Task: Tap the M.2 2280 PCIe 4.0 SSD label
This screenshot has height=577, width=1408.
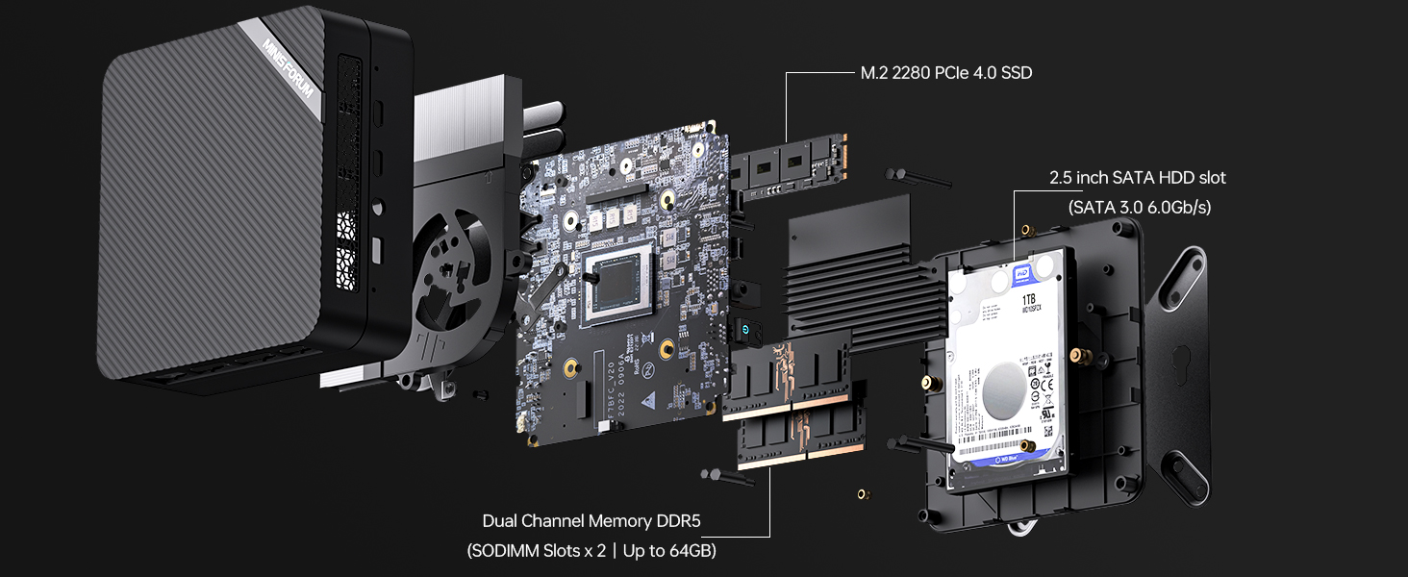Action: click(945, 73)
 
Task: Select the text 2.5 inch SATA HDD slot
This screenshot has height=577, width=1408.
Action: click(1138, 178)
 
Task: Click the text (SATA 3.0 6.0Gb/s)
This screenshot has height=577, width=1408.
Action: click(1139, 207)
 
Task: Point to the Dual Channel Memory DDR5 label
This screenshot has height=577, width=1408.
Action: click(591, 521)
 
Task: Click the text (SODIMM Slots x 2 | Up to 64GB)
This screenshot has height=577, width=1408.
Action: click(591, 551)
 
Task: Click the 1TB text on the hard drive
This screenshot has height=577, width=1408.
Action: click(1030, 300)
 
